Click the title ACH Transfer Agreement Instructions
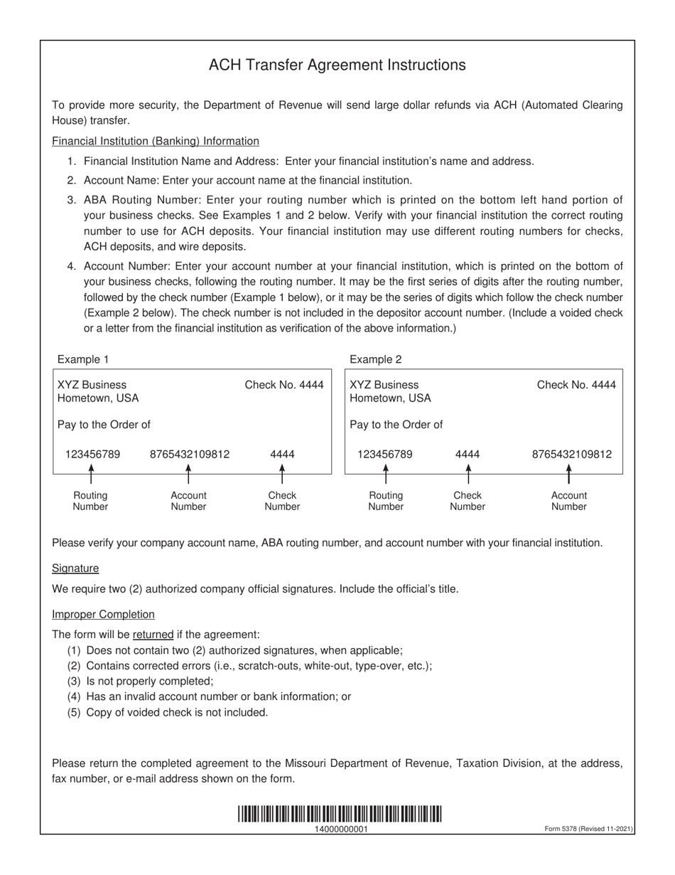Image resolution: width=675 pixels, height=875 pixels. coord(337,65)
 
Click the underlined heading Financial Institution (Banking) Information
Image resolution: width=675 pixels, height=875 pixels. coord(156,141)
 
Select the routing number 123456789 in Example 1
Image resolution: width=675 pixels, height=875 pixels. coord(92,454)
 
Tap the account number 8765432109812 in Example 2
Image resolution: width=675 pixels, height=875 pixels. coord(571,454)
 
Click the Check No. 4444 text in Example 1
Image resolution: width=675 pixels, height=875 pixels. coord(284,385)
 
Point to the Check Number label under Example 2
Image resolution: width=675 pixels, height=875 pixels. coord(468,501)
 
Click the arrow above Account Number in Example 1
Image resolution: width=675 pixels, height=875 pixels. coord(188,472)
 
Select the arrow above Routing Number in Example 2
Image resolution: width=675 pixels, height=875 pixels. coord(386,472)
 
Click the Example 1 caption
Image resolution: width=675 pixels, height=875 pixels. coord(83,359)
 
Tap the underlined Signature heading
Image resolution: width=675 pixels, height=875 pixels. coord(75,568)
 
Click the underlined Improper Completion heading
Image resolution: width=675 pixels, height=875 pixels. coord(103,614)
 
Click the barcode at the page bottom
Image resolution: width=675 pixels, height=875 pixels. coord(340,814)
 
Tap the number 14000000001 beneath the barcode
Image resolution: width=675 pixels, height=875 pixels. coord(340,829)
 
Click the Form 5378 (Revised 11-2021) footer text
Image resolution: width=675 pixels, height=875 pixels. coord(588,829)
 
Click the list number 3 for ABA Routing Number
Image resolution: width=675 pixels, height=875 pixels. coord(72,199)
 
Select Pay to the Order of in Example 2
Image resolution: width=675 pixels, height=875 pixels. coord(396,425)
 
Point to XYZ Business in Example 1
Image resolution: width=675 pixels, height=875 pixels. coord(92,385)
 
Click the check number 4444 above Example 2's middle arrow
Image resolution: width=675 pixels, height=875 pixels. coord(468,454)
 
